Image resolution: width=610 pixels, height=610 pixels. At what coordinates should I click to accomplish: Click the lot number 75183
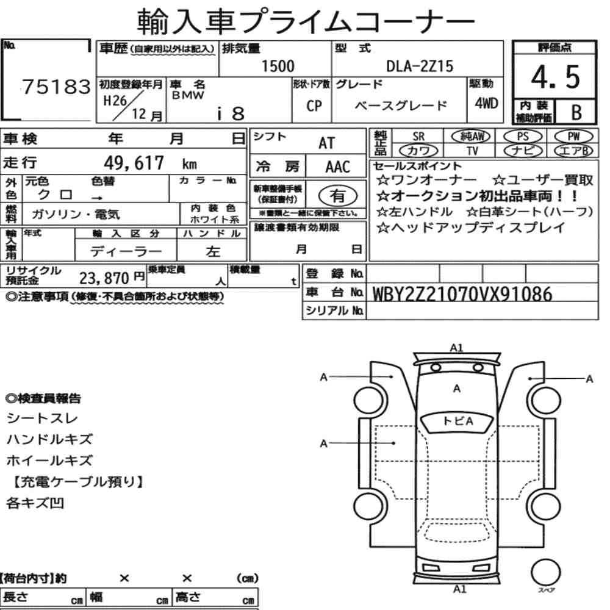56,87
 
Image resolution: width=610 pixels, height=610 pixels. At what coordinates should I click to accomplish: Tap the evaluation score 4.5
555,77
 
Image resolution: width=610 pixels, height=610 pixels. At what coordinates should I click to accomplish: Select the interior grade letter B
576,112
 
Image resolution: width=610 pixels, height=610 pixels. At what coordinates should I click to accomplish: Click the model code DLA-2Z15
420,66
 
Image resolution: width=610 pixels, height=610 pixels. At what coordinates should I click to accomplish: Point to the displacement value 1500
278,66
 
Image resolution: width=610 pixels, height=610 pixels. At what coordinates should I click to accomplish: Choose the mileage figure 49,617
134,163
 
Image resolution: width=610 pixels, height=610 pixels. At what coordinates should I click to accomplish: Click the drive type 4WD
486,103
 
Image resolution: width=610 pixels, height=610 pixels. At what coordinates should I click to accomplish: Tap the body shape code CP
314,106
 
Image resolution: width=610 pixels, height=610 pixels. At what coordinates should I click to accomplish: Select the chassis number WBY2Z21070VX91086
462,294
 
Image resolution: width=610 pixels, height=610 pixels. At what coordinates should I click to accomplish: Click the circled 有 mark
338,196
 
